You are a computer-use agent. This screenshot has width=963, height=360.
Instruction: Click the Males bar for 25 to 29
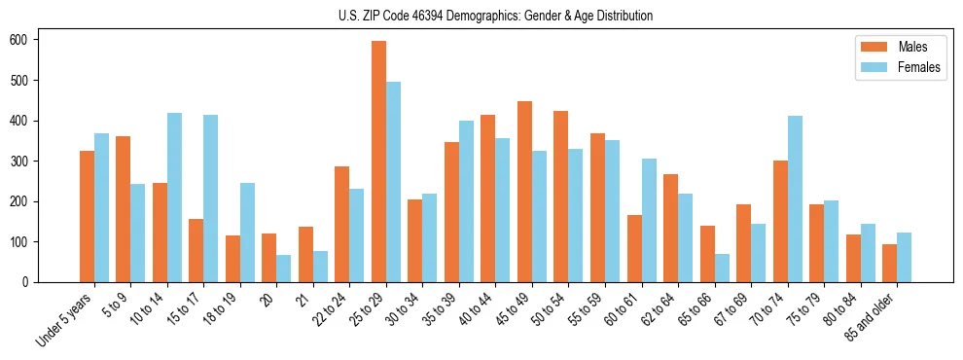tap(378, 162)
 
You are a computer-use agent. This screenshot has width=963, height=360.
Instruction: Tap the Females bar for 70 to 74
tap(795, 198)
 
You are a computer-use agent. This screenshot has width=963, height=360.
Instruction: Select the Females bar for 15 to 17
tap(211, 198)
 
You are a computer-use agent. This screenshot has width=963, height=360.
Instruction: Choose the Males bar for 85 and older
tap(889, 263)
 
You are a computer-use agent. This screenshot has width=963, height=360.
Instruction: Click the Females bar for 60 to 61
tap(649, 220)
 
